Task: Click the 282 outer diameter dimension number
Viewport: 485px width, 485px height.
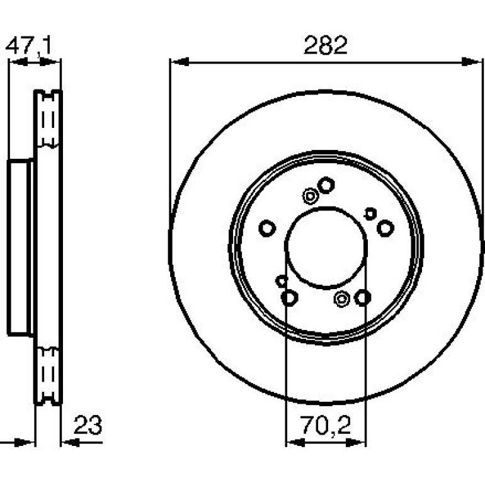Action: pos(326,45)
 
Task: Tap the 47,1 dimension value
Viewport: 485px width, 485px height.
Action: pos(28,45)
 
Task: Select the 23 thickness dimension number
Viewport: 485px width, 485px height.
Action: pos(88,425)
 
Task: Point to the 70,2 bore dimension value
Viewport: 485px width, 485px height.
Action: pos(326,426)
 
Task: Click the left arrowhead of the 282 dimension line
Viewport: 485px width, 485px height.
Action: pos(180,62)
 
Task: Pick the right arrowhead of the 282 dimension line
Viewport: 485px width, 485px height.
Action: pos(471,62)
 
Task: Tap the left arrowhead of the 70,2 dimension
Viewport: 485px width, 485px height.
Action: pos(295,443)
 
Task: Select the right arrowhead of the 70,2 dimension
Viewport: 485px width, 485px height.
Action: pos(356,443)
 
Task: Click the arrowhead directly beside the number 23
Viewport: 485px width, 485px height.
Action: pos(71,443)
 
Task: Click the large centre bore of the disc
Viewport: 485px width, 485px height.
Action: pos(326,248)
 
